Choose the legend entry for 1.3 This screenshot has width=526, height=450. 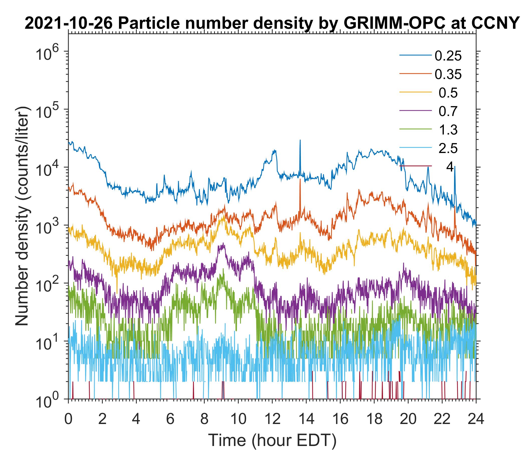(x=448, y=130)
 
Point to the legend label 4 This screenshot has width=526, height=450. (x=450, y=167)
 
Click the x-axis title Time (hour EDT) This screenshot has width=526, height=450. (x=272, y=440)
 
